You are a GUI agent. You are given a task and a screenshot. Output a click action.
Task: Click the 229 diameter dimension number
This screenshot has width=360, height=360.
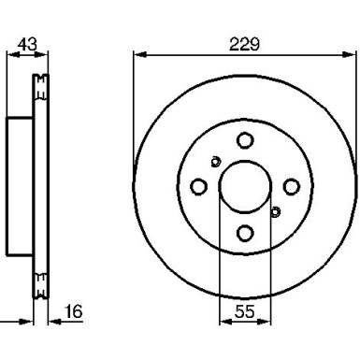point(244,44)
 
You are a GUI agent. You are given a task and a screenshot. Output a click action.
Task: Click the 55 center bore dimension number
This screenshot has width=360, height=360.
point(245,311)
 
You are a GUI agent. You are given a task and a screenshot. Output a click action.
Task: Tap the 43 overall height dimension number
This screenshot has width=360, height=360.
point(27,44)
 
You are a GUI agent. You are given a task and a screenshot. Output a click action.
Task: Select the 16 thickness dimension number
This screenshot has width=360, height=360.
point(74,311)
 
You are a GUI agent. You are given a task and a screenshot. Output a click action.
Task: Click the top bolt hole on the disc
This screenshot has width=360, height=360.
point(245,140)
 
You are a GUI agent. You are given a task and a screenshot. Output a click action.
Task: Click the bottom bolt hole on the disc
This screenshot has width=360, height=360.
point(245,233)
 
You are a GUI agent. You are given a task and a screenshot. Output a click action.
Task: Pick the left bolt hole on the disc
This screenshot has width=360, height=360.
point(198,187)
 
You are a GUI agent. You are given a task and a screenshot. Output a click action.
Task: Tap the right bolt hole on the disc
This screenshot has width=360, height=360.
point(292,186)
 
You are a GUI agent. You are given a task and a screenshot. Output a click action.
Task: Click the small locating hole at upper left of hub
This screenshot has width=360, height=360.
point(215,162)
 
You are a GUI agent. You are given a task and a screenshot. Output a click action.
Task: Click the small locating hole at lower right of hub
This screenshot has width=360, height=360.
point(275,212)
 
